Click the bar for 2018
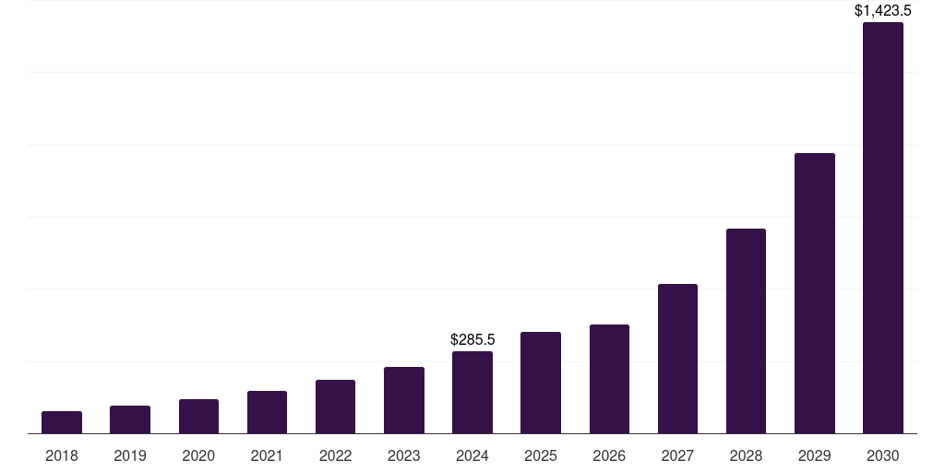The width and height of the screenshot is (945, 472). (62, 422)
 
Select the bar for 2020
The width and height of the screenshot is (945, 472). (198, 417)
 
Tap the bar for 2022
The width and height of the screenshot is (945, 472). (335, 407)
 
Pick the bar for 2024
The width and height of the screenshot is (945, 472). (472, 393)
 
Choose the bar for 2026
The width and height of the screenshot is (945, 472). (609, 379)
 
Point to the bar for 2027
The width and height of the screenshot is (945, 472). (677, 359)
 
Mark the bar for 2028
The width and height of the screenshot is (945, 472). (746, 331)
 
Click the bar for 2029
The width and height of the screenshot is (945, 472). (815, 293)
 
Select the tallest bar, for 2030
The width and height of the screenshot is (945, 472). (883, 228)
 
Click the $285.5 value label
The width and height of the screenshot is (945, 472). (472, 340)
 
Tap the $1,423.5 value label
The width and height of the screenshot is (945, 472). (883, 11)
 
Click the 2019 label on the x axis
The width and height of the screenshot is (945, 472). (130, 455)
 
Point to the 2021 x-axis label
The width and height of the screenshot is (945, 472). (267, 455)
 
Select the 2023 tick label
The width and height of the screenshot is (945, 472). (404, 455)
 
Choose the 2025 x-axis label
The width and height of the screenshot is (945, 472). (541, 455)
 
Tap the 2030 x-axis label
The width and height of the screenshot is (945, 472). (883, 455)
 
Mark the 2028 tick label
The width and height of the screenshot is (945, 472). (746, 455)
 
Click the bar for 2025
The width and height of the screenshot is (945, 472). (541, 383)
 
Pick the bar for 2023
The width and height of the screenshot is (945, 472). (404, 400)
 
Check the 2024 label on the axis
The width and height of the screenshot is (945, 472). (472, 455)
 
